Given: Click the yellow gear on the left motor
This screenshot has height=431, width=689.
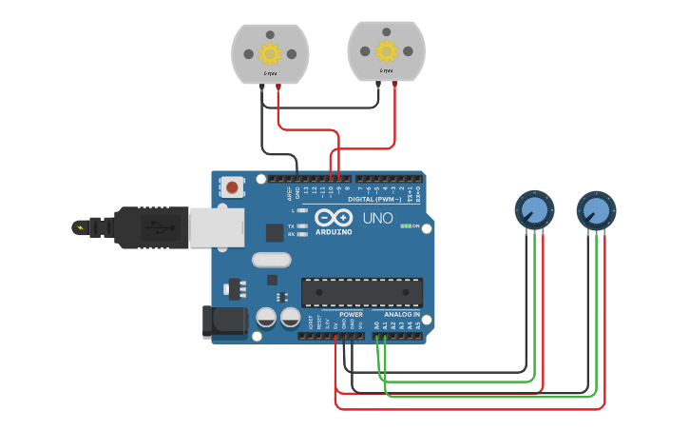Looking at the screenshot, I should point(270,51).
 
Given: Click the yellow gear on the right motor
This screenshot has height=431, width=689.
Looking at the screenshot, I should point(386,50).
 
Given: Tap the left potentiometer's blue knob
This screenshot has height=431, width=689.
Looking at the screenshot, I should point(533,209).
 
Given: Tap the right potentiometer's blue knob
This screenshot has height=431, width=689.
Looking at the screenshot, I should point(595,209).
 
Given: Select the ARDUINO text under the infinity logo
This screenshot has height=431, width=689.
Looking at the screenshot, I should point(334,231).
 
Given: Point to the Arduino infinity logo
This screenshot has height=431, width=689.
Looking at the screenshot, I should point(334,217).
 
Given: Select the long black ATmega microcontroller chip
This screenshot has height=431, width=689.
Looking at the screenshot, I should point(362,292).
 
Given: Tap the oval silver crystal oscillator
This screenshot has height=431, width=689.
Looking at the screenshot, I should point(272,259).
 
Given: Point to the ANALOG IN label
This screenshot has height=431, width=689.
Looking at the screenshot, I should point(401,314).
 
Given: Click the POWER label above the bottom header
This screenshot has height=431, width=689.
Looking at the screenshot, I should point(351,314).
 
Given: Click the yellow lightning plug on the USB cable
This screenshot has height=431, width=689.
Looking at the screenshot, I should point(80,227).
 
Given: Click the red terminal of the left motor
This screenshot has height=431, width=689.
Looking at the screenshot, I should point(278,86).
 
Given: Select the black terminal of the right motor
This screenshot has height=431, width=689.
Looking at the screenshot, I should point(378,85).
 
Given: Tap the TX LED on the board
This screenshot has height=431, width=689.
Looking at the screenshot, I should point(301,225).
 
